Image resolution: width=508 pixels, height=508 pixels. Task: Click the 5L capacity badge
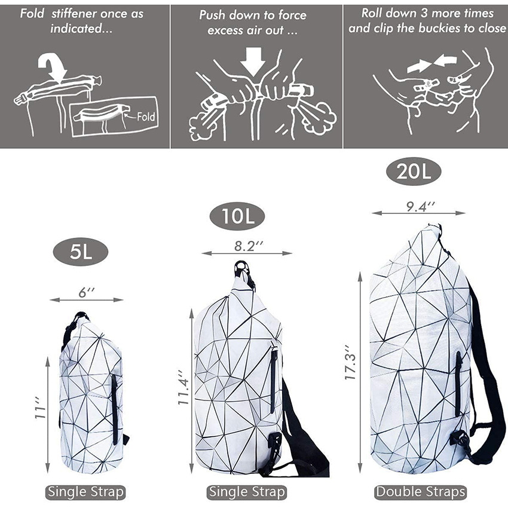[79, 252]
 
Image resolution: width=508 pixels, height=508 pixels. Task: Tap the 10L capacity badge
[237, 216]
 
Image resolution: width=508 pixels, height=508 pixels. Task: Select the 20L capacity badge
[412, 173]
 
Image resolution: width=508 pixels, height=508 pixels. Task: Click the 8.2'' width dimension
[247, 245]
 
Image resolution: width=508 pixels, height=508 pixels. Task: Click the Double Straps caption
[420, 492]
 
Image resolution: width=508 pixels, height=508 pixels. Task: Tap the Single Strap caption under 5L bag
[86, 492]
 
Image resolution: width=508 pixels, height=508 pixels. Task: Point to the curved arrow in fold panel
[50, 66]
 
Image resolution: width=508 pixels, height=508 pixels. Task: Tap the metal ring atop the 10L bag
[241, 267]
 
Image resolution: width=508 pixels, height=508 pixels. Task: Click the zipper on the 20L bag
[458, 382]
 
